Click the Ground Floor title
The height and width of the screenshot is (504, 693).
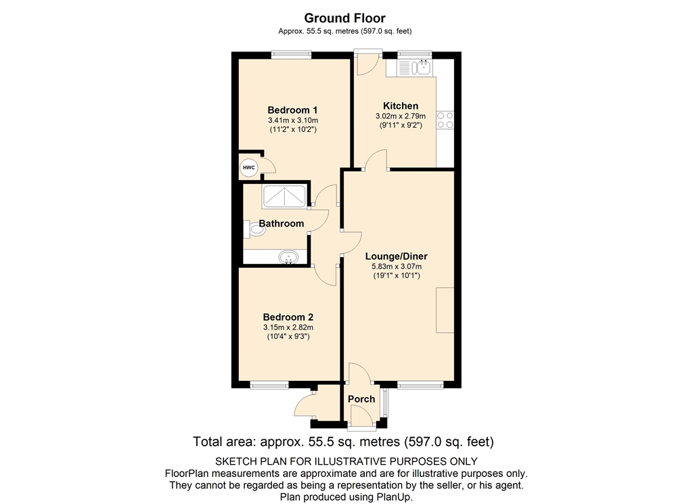click(x=344, y=18)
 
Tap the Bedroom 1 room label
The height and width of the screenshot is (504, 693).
click(x=292, y=110)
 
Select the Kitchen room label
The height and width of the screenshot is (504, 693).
click(x=401, y=106)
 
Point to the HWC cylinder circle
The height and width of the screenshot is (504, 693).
click(x=249, y=168)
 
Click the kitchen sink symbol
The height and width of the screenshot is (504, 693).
click(x=415, y=68)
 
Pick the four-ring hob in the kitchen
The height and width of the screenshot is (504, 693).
click(x=445, y=120)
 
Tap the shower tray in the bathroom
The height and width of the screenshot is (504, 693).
click(x=284, y=197)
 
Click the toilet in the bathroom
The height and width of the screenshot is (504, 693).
click(x=254, y=229)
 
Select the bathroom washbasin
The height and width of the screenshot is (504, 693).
click(x=288, y=257)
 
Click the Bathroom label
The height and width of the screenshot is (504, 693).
click(x=282, y=223)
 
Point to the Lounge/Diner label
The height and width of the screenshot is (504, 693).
click(x=397, y=256)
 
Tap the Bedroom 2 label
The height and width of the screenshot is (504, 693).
click(x=288, y=317)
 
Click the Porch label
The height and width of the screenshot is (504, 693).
click(x=361, y=399)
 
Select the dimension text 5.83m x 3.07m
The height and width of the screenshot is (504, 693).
click(x=397, y=267)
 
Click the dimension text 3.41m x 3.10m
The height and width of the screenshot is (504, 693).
click(x=293, y=120)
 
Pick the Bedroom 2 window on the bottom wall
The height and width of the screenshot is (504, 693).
click(x=269, y=386)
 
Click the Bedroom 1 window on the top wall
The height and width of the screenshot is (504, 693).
click(x=291, y=55)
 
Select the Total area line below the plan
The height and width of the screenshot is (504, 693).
click(x=343, y=442)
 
